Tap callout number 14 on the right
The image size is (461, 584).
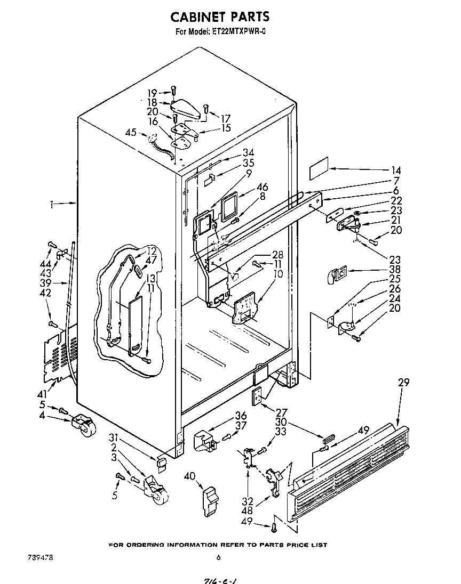click(x=396, y=171)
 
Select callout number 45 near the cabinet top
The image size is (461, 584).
click(x=131, y=134)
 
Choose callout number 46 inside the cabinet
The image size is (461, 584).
click(x=261, y=188)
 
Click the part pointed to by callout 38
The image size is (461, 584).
click(x=336, y=274)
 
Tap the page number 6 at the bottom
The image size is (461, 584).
click(x=218, y=558)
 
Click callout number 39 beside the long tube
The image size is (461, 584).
click(x=45, y=283)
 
